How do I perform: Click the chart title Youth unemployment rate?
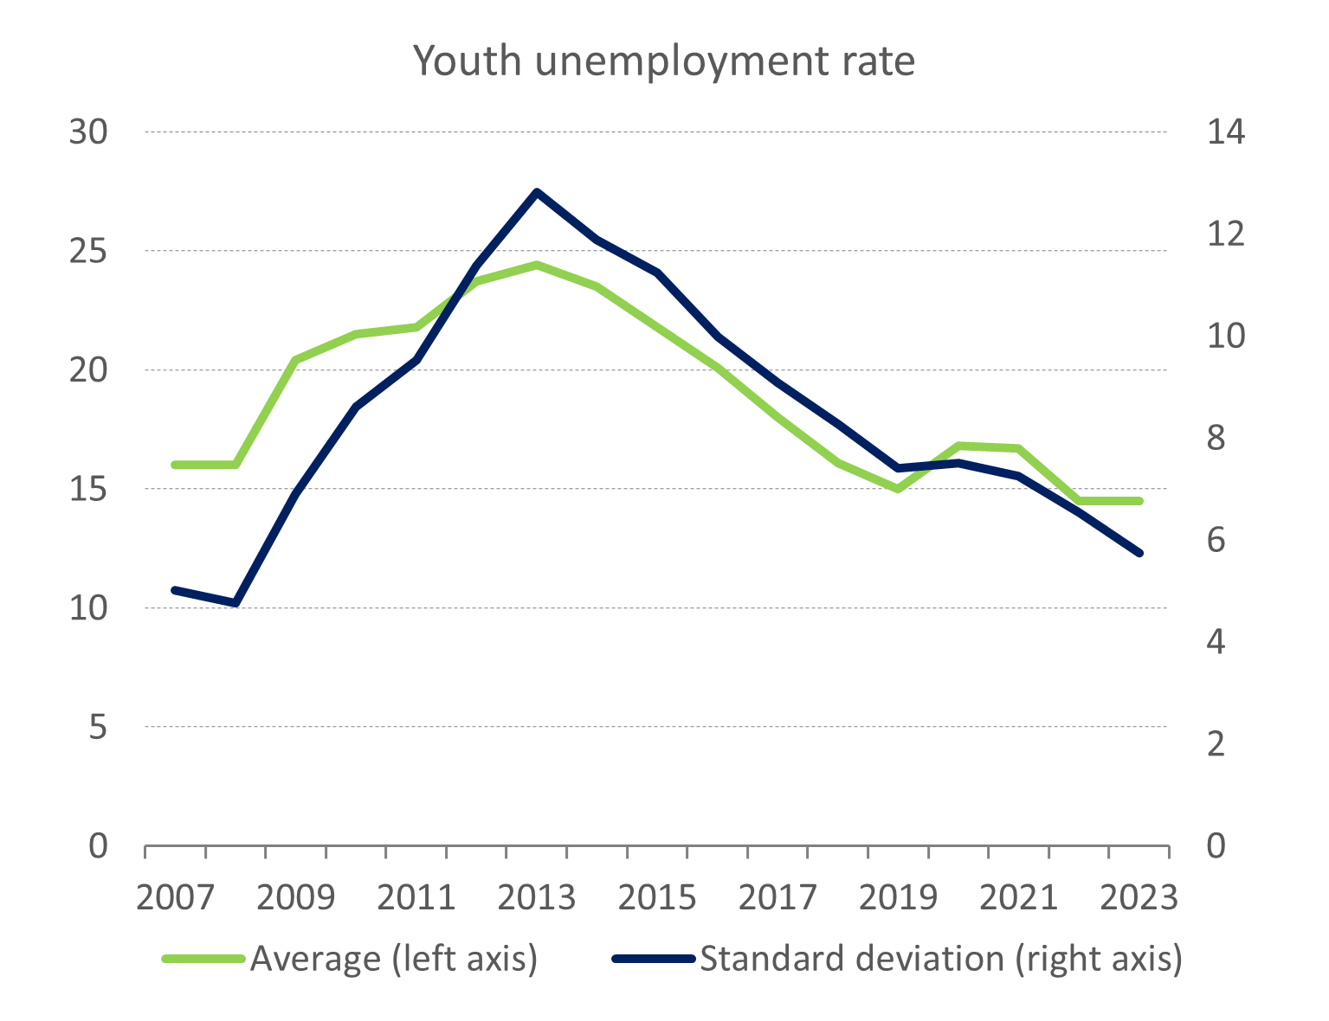click(x=663, y=61)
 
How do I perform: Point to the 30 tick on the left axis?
click(x=87, y=132)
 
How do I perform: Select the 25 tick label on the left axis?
click(x=87, y=252)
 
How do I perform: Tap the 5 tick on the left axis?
click(x=98, y=728)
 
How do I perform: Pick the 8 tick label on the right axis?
click(x=1216, y=438)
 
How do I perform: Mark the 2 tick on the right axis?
click(x=1216, y=743)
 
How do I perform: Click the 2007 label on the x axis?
click(x=176, y=898)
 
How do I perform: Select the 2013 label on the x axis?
click(x=537, y=898)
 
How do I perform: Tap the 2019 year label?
click(x=898, y=898)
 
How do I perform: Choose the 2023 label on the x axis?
click(x=1139, y=898)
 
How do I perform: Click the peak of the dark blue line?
click(x=537, y=192)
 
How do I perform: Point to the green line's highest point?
click(x=537, y=265)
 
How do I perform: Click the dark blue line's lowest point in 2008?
click(x=235, y=602)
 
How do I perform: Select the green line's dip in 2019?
click(x=898, y=489)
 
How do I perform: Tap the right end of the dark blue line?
click(x=1140, y=553)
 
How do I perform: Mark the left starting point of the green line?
click(x=175, y=465)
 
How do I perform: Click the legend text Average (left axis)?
click(x=394, y=959)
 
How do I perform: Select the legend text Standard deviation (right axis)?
click(x=941, y=959)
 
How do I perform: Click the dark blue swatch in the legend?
click(x=654, y=959)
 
